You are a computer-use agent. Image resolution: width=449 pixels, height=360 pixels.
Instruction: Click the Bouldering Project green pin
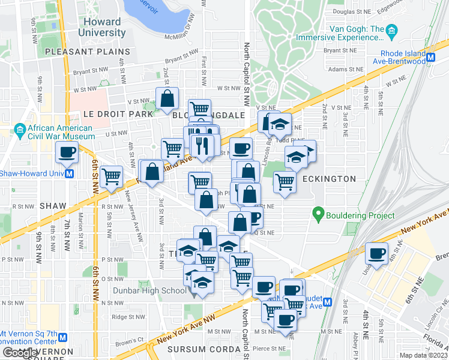[318, 214]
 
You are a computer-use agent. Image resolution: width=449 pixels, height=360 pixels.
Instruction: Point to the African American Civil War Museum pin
[20, 128]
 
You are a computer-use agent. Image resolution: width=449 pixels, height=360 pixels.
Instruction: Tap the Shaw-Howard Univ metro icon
[69, 174]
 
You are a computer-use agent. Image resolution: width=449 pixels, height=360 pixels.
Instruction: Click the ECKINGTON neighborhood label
[329, 179]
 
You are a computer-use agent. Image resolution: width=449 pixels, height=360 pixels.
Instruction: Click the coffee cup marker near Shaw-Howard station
[67, 152]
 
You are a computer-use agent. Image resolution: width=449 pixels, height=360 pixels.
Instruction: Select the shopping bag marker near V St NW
[167, 98]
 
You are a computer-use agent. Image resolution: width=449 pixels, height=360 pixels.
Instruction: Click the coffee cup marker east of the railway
[376, 253]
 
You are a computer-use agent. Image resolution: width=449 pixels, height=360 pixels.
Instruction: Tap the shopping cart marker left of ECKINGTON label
[285, 181]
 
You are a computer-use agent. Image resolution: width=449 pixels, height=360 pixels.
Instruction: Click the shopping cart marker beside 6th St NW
[111, 177]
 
